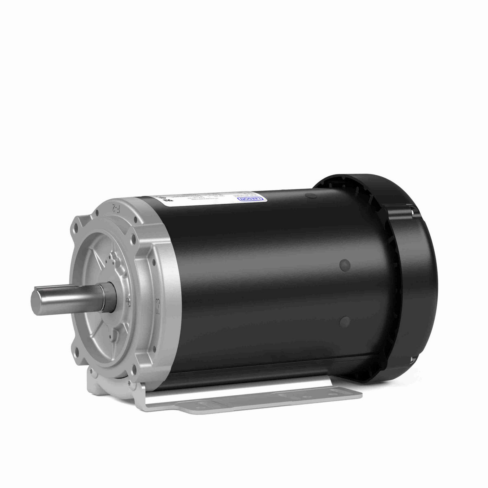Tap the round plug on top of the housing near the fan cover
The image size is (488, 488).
(x=309, y=197)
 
